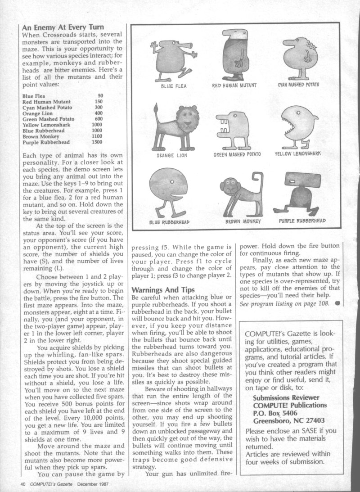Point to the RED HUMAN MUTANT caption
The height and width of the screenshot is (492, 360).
(x=234, y=85)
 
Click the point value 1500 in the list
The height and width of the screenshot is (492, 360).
(x=97, y=142)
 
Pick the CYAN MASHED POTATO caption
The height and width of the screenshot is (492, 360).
(x=298, y=85)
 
